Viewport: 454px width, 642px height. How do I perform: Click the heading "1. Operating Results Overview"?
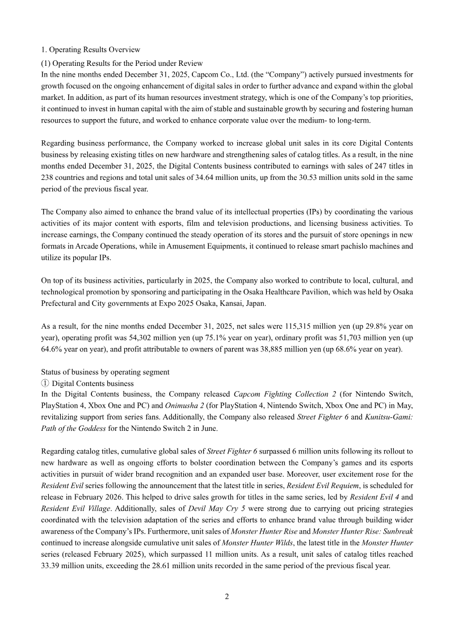[x=91, y=50]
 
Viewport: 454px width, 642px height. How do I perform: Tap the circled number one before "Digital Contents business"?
[x=45, y=383]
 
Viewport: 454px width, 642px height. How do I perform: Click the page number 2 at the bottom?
[x=227, y=597]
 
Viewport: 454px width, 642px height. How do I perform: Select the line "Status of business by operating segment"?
[x=105, y=372]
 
